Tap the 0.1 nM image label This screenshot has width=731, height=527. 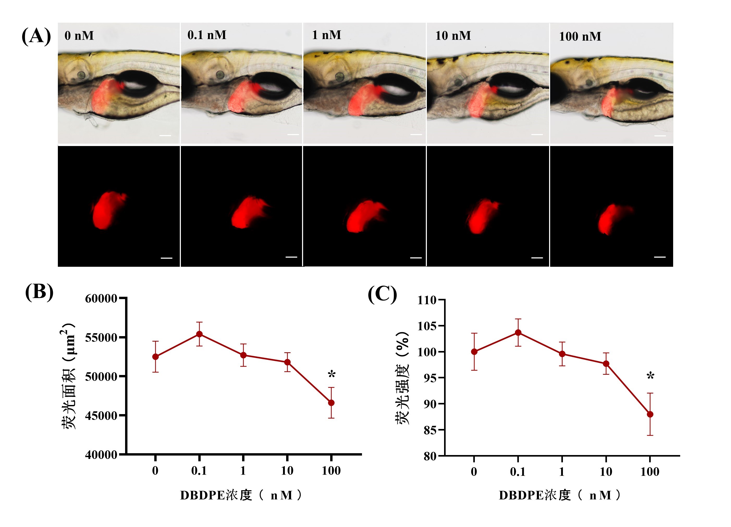click(x=207, y=35)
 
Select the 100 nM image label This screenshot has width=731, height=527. click(x=580, y=37)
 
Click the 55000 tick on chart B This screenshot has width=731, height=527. click(x=101, y=338)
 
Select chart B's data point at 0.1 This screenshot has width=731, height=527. click(x=200, y=334)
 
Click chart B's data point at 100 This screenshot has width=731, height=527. click(x=331, y=403)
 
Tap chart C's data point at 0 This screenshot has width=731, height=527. click(x=474, y=352)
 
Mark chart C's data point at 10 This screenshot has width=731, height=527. click(x=606, y=364)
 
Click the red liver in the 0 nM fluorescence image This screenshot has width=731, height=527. click(x=106, y=210)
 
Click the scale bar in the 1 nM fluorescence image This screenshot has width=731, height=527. click(x=416, y=258)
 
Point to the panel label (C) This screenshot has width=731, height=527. click(x=382, y=294)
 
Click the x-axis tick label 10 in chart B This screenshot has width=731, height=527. click(x=287, y=471)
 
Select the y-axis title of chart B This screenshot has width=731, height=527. click(x=69, y=376)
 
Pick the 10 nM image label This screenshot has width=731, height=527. click(x=453, y=35)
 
